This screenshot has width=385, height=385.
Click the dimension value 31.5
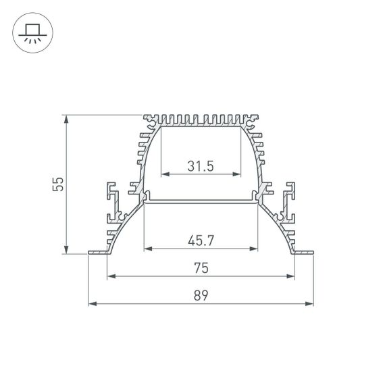pyautogui.click(x=201, y=165)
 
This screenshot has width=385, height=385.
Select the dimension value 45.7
pyautogui.click(x=201, y=239)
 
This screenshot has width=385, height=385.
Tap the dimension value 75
pyautogui.click(x=201, y=268)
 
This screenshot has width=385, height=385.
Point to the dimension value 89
pyautogui.click(x=201, y=295)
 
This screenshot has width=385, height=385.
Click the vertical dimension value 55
pyautogui.click(x=59, y=185)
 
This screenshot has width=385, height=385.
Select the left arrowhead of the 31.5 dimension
pyautogui.click(x=163, y=174)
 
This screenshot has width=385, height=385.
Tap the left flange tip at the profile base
pyautogui.click(x=91, y=254)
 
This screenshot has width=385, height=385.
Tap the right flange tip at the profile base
pyautogui.click(x=312, y=254)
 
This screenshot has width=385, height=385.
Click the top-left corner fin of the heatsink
pyautogui.click(x=149, y=121)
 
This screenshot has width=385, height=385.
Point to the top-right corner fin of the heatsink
pyautogui.click(x=254, y=121)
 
